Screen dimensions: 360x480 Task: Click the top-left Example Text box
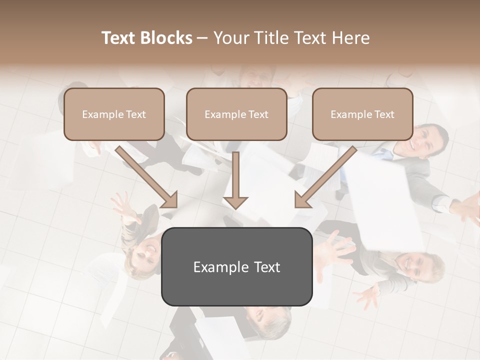point(114,114)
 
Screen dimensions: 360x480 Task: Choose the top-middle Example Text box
point(236,114)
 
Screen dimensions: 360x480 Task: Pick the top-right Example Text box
point(362,114)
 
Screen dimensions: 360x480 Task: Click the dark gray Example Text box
point(236,266)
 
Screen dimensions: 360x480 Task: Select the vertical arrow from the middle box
point(235,180)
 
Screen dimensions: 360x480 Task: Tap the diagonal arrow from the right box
point(325,177)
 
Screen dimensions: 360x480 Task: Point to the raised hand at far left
point(123,207)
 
